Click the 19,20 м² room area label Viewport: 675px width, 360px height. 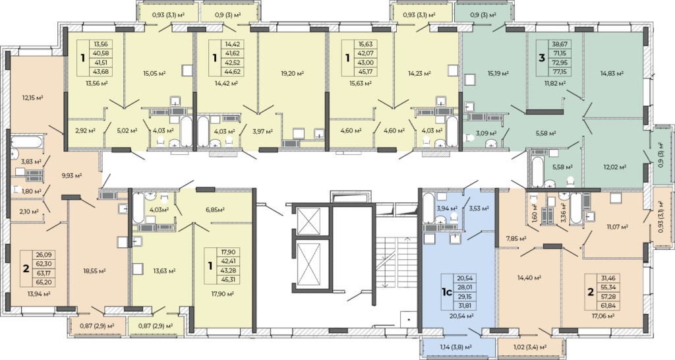292,74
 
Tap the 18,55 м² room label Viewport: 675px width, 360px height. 94,271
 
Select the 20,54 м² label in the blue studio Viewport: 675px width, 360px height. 462,316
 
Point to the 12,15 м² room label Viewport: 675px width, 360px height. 32,98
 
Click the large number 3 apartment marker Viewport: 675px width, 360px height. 542,58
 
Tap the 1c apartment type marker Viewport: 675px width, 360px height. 446,292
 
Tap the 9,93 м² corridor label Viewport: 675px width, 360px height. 72,175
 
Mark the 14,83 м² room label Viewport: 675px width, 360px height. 612,74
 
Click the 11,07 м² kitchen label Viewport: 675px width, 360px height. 617,226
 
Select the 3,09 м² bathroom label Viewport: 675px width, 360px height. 486,133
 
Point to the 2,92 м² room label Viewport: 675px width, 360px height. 85,130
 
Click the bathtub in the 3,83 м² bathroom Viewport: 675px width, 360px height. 26,142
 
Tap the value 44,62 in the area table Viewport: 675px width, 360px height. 233,72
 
